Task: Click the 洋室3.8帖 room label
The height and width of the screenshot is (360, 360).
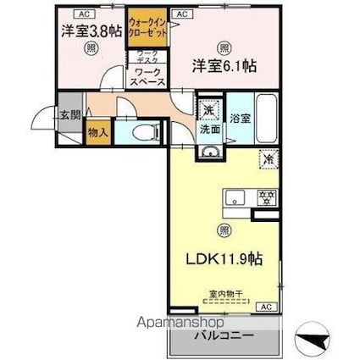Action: point(90,31)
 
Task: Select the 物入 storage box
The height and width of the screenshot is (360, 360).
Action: point(97,132)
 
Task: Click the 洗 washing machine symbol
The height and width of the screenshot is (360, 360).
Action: point(208,110)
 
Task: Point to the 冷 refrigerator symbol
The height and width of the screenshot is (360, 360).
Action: point(267,158)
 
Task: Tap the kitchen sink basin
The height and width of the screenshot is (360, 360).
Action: point(235,198)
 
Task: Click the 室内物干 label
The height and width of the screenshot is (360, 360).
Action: point(225,294)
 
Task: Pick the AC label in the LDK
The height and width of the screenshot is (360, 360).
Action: point(265,306)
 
